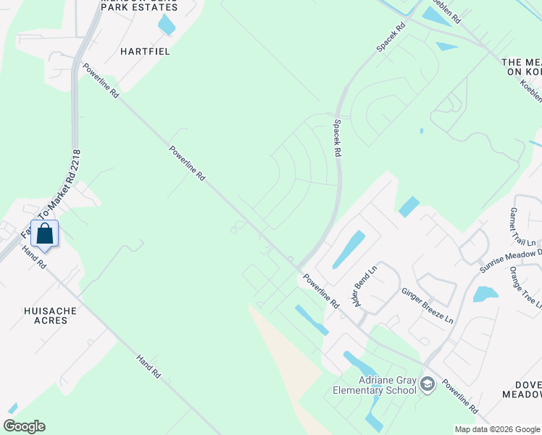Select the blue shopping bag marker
click(x=45, y=234)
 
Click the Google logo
click(x=24, y=426)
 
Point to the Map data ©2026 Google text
click(x=496, y=429)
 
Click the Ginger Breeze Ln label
click(x=428, y=305)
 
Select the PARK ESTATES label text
click(x=140, y=7)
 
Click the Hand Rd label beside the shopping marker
click(x=34, y=257)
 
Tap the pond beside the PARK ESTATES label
click(x=167, y=25)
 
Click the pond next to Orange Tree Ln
click(x=485, y=294)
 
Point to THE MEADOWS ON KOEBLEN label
click(x=522, y=68)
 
